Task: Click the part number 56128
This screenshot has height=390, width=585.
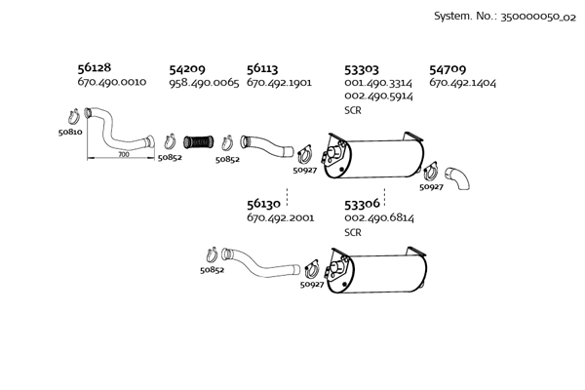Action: [x=94, y=69]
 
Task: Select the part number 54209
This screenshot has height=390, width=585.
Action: [x=186, y=69]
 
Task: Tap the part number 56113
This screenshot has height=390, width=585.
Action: [x=262, y=69]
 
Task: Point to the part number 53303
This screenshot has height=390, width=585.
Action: [x=363, y=69]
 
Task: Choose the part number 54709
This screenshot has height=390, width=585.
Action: [x=448, y=69]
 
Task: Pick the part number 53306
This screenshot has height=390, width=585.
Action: [x=363, y=204]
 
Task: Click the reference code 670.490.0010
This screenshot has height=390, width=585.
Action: [x=111, y=83]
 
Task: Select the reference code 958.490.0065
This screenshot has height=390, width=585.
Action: [x=204, y=83]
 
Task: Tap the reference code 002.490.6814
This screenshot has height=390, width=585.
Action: [x=379, y=218]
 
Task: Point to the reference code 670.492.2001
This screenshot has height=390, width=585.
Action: [x=281, y=218]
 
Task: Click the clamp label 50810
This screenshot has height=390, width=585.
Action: [x=69, y=131]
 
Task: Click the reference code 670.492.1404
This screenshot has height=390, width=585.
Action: [x=463, y=83]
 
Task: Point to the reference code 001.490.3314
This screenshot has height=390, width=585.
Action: [x=378, y=83]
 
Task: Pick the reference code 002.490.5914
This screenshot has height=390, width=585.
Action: [x=378, y=97]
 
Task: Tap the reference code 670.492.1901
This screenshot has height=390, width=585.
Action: [x=280, y=83]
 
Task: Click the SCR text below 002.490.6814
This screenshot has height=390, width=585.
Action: [x=353, y=233]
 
